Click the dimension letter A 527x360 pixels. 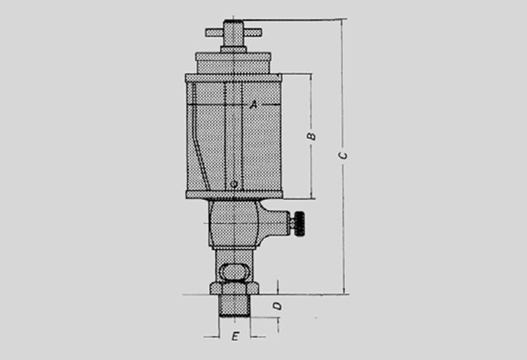[x=254, y=104]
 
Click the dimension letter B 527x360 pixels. [x=311, y=136]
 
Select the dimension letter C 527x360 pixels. [x=343, y=155]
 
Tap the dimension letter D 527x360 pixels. [x=278, y=306]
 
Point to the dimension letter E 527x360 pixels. [x=235, y=336]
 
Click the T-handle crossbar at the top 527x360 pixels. [x=233, y=33]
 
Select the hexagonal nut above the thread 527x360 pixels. [x=234, y=288]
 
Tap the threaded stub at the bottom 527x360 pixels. [x=234, y=306]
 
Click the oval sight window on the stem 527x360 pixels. [x=234, y=272]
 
